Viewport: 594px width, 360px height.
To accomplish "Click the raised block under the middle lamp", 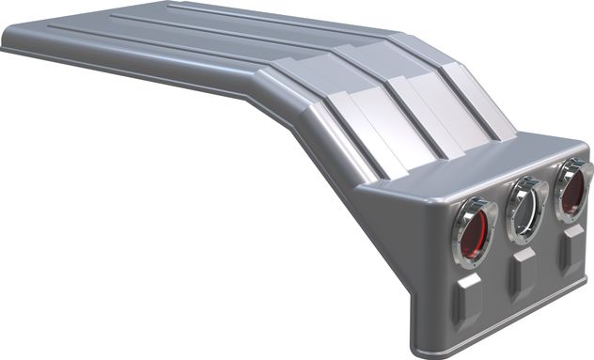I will pos(523,274).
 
